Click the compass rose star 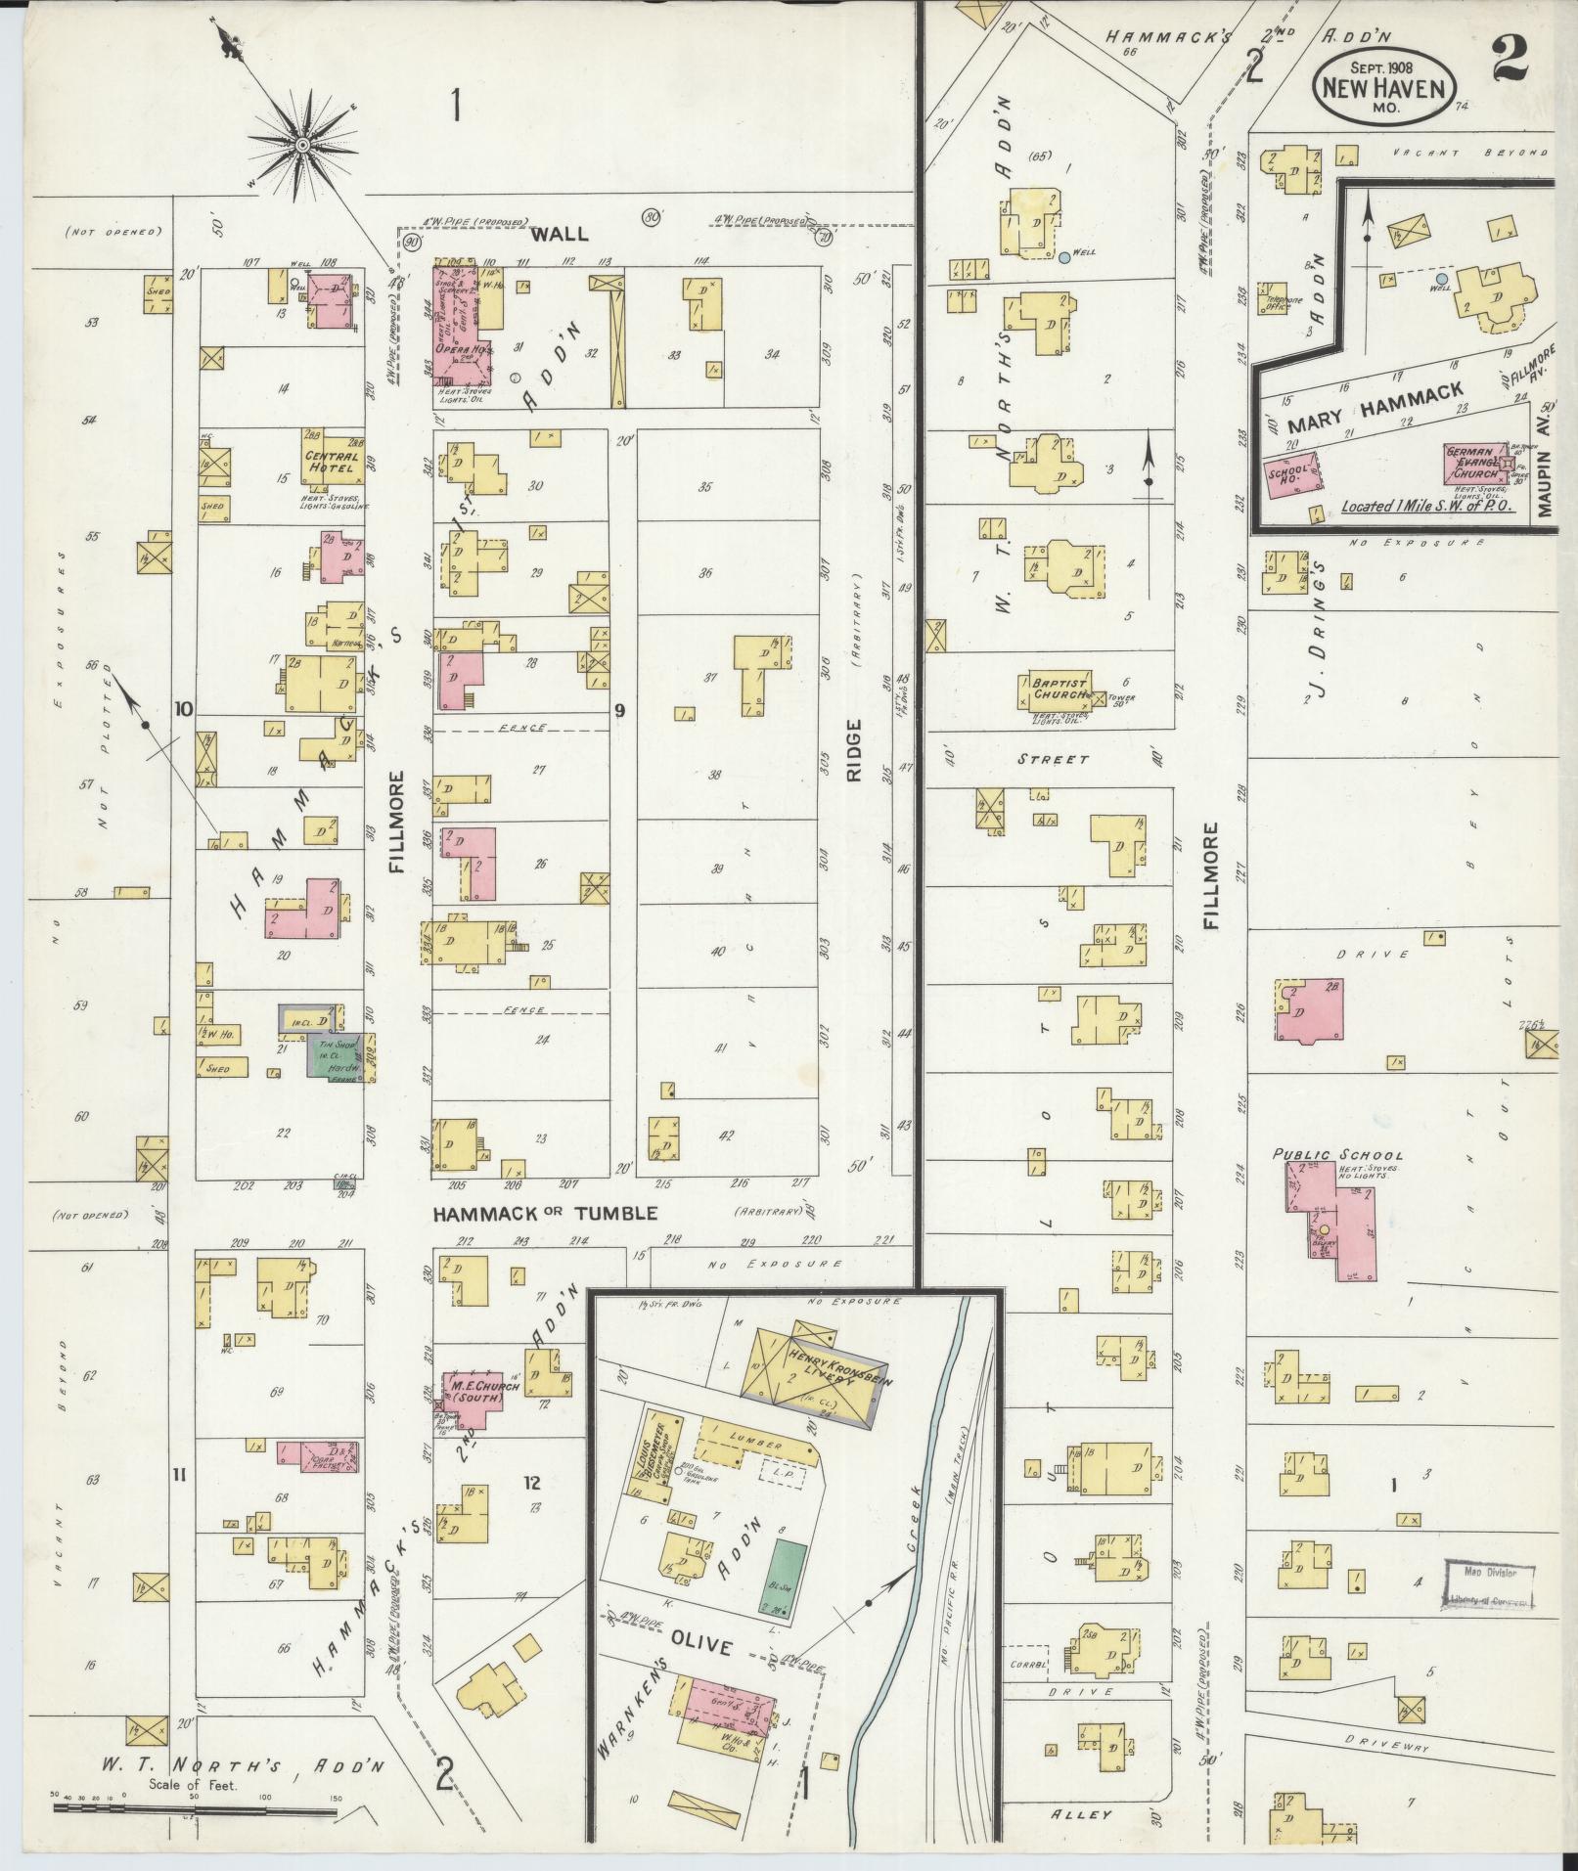pos(302,146)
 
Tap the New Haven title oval pos(1383,86)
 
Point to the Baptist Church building pos(1059,689)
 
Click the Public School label pos(1337,1155)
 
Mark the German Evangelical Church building pos(1477,462)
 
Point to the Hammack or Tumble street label pos(546,1213)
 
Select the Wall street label pos(562,234)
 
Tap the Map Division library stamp pos(1488,1585)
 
